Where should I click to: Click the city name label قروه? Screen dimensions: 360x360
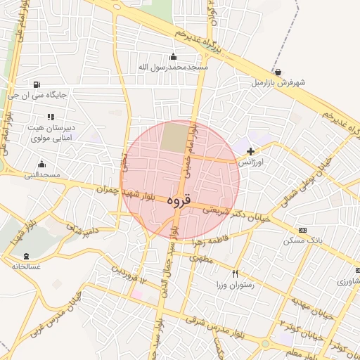tap(180, 200)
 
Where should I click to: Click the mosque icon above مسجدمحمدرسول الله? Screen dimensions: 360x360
tap(174, 56)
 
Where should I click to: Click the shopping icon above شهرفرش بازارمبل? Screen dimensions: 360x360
tap(278, 72)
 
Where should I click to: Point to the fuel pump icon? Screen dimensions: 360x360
tap(36, 85)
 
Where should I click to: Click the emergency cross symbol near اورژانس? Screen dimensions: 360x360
tap(250, 150)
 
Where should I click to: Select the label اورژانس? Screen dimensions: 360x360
tap(251, 162)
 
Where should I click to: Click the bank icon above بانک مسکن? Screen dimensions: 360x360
tap(303, 230)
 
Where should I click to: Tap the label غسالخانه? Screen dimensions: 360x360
tap(27, 266)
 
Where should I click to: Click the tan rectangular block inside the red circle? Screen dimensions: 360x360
tap(174, 136)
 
